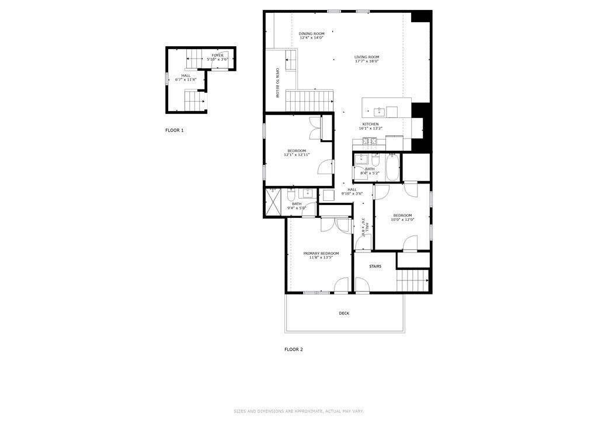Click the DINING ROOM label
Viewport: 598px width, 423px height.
click(x=311, y=34)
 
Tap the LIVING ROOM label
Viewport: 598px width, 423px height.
click(x=367, y=57)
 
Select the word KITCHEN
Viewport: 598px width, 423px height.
click(x=370, y=124)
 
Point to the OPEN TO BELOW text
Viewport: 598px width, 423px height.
click(x=278, y=84)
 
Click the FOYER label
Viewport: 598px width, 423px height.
click(x=217, y=55)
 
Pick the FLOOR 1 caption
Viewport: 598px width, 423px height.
click(x=174, y=130)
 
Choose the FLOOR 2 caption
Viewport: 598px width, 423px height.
click(x=294, y=349)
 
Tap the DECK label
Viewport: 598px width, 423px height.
click(x=344, y=313)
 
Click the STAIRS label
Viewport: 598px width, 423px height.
click(x=375, y=266)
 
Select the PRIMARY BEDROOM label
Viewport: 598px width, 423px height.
click(x=321, y=254)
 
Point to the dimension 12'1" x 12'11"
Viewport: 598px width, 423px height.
click(x=296, y=155)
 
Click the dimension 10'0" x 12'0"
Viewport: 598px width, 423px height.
click(x=402, y=220)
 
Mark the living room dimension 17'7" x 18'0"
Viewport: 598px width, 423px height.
click(x=367, y=61)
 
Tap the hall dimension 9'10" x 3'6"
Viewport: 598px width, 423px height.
click(x=352, y=193)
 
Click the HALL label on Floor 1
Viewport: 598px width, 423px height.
click(x=186, y=75)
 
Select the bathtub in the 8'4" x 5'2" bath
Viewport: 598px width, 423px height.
click(x=392, y=167)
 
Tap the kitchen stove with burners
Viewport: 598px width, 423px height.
click(x=369, y=141)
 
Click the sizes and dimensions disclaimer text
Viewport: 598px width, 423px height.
click(x=298, y=411)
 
